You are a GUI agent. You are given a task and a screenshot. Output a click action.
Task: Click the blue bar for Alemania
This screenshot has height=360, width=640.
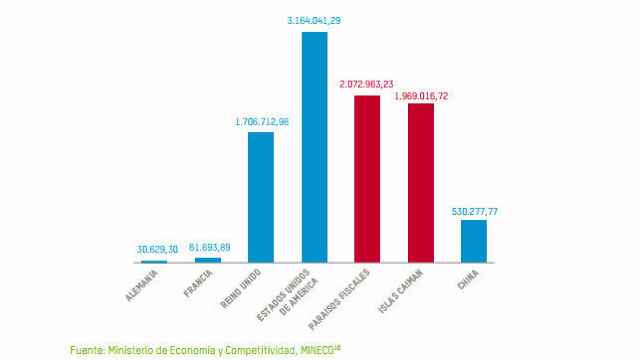coord(154,261)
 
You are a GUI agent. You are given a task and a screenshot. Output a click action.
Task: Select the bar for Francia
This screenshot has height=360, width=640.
coord(208,260)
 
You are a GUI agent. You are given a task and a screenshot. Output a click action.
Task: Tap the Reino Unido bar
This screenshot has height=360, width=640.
coord(261,197)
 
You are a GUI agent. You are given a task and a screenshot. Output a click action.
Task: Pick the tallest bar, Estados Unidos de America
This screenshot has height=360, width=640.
coord(314,147)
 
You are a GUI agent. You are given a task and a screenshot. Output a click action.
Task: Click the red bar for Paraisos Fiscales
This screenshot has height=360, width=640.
coord(367,179)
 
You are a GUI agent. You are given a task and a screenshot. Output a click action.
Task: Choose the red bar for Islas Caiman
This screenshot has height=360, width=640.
coord(421,183)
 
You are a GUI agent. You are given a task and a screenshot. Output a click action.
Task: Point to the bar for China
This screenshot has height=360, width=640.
coord(473,241)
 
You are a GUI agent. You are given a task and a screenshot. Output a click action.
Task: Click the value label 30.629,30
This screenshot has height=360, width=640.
coord(158,249)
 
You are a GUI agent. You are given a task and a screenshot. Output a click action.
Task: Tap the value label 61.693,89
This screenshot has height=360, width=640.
coord(210,247)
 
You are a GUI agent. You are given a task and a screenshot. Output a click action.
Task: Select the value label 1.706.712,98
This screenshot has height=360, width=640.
coord(262,122)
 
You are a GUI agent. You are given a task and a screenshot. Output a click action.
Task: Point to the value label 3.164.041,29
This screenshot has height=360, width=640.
coord(314,21)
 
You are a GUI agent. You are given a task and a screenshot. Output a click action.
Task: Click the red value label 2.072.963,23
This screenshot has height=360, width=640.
coord(367,84)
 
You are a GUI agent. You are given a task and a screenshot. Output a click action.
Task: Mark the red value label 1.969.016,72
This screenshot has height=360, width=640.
coord(421,96)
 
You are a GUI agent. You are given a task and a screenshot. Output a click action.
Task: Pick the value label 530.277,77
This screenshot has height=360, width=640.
coord(475,211)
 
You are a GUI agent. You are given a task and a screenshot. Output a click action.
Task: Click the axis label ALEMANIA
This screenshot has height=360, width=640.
coord(142,285)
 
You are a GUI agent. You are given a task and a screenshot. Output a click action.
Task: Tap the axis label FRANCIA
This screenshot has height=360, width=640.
coord(198,283)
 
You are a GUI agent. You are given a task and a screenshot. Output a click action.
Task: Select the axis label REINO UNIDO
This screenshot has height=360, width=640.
coord(240,289)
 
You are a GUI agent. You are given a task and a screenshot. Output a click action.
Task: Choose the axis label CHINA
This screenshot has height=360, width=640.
coord(468,279)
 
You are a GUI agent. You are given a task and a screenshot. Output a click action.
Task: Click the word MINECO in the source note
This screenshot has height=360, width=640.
coord(317,351)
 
